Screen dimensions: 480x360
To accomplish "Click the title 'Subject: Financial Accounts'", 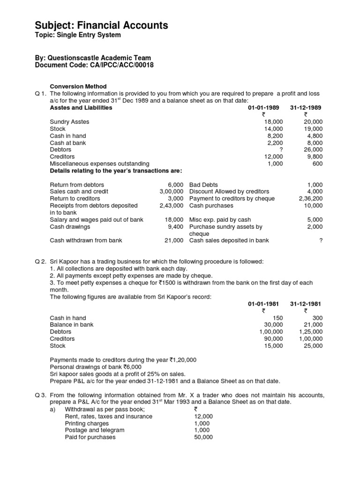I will (102, 25).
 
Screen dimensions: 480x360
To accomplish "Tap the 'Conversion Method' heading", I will (78, 87).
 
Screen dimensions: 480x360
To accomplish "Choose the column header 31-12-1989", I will (306, 108).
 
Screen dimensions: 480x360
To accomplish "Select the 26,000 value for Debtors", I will (313, 150).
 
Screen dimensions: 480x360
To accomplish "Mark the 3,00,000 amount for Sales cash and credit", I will (171, 191).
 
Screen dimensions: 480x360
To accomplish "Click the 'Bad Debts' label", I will (203, 185).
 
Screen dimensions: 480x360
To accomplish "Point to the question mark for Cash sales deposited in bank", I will (321, 240).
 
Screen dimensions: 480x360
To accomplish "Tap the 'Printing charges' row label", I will (87, 423).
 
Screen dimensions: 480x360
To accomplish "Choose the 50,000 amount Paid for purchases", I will (203, 437).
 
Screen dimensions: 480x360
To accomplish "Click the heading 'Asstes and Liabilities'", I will (81, 108).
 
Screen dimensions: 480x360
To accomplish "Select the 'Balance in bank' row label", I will (72, 324).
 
